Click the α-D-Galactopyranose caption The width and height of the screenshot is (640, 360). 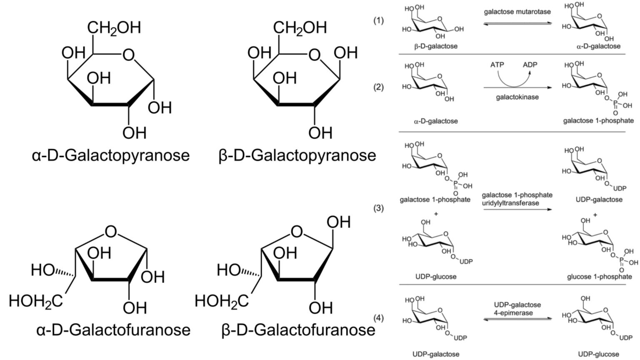point(110,155)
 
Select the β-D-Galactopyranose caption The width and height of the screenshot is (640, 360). point(297,155)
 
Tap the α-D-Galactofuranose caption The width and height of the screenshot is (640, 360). point(113,330)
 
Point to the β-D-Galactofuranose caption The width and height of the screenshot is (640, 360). point(299,330)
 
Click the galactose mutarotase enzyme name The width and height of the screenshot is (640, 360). point(517,12)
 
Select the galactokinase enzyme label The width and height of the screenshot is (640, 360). point(517,97)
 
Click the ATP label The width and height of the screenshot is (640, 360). point(497,65)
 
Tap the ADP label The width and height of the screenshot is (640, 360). point(530,65)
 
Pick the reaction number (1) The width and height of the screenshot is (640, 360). point(378,20)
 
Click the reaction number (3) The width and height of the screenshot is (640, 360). point(378,208)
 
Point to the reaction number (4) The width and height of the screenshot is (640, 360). point(378,318)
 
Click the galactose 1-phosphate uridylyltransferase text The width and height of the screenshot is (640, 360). point(517,199)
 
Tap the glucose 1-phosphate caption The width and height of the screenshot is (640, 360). point(599,277)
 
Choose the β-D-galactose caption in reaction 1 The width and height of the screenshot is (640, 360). point(435,46)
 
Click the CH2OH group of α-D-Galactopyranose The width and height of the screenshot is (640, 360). point(114,28)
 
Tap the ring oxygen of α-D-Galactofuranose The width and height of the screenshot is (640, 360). point(111,232)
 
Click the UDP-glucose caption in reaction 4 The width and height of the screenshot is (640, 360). point(599,355)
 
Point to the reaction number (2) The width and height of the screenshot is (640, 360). point(378,87)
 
